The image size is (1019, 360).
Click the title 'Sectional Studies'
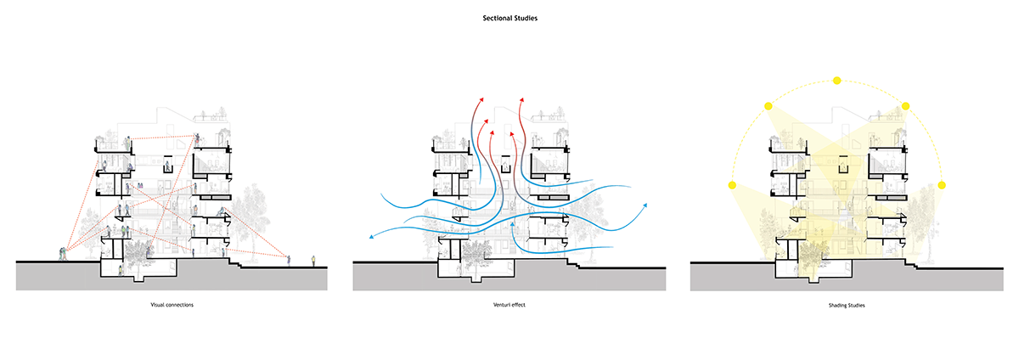[x=509, y=15]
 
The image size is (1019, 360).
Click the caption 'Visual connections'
[x=172, y=304]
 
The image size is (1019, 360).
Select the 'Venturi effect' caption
[x=508, y=304]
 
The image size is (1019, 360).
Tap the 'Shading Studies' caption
[x=846, y=304]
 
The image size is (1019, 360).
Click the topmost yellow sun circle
[x=836, y=81]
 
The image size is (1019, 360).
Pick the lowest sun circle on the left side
[x=733, y=184]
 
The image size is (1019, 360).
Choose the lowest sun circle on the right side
[x=941, y=184]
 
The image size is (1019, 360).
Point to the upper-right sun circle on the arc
[x=906, y=106]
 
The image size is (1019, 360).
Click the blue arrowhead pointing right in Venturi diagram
[x=645, y=205]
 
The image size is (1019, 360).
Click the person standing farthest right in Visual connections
[x=313, y=259]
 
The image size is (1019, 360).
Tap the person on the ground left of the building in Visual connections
[x=62, y=252]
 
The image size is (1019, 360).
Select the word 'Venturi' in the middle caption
[x=500, y=304]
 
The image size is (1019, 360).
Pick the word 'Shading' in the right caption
[x=836, y=304]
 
